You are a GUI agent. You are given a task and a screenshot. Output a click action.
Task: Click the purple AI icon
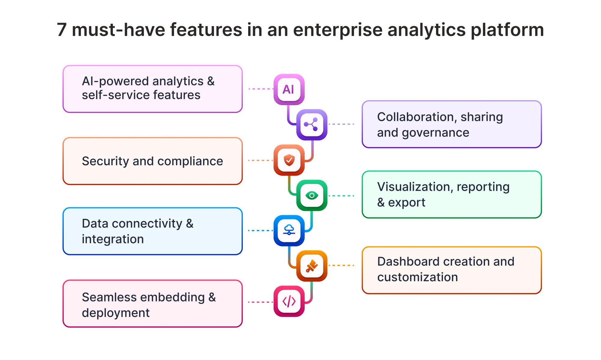(x=289, y=89)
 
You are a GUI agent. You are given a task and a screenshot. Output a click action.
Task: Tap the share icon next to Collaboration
(x=312, y=124)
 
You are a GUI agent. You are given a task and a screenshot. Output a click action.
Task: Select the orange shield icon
(x=289, y=160)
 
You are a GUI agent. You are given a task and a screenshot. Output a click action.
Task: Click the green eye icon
(x=312, y=195)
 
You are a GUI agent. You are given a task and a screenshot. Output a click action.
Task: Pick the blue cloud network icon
(x=289, y=230)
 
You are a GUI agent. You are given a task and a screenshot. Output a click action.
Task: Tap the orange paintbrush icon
(x=312, y=266)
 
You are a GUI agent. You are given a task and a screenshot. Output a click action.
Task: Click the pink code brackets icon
(x=289, y=301)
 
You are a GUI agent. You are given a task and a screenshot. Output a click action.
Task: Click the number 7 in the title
(x=62, y=30)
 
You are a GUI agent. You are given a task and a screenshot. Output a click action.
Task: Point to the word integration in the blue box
(x=113, y=239)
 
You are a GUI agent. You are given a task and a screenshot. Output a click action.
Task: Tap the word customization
(x=418, y=277)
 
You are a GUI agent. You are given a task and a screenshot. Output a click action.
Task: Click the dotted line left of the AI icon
(x=261, y=89)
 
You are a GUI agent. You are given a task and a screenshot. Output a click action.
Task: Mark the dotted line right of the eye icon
(x=341, y=196)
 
